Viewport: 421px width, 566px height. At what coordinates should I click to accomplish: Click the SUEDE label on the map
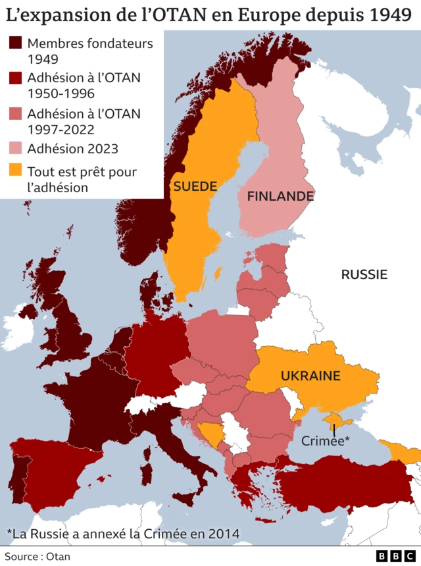(x=195, y=186)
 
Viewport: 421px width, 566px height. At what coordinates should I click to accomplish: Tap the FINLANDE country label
(x=280, y=196)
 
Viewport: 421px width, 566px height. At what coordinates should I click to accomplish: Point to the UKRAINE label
(x=310, y=376)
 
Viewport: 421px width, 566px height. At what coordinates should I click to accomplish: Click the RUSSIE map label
(x=364, y=274)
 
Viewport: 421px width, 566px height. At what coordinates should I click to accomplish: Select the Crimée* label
(x=325, y=441)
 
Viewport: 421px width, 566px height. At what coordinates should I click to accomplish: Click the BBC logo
(x=395, y=556)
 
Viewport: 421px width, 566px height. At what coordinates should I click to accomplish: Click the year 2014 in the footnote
(x=223, y=532)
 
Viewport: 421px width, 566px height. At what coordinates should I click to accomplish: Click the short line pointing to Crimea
(x=335, y=428)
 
